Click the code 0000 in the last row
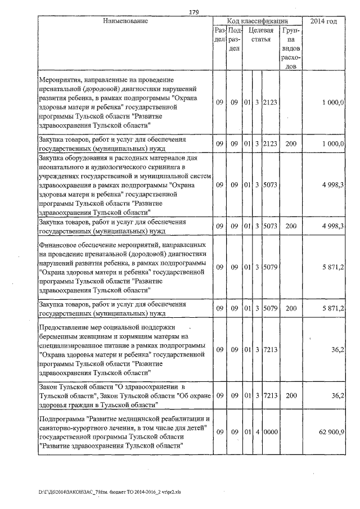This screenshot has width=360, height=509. (271, 432)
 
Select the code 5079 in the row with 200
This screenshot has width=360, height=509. (271, 308)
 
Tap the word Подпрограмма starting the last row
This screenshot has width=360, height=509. (62, 419)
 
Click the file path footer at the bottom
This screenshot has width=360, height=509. (110, 491)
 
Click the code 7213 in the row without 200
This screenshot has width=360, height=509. (271, 350)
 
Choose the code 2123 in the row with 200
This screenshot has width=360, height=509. (271, 143)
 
